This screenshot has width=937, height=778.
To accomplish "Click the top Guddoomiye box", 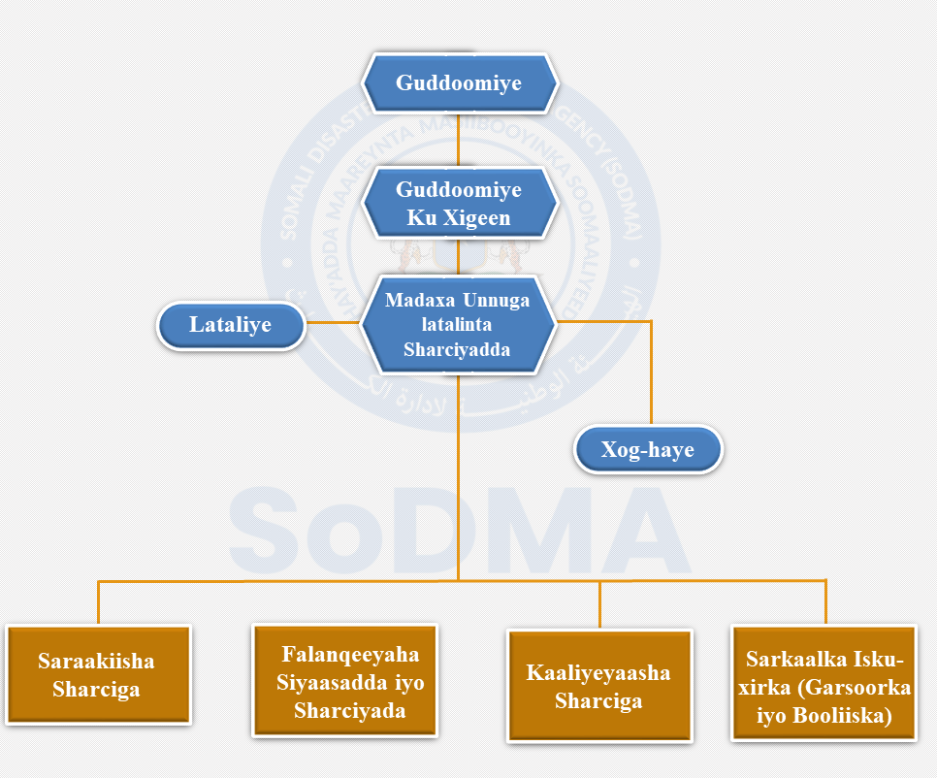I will [459, 83].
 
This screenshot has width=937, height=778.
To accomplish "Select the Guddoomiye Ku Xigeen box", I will [459, 204].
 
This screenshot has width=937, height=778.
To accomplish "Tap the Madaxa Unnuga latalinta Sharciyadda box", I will [458, 326].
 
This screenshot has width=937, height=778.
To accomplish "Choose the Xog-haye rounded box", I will [648, 451].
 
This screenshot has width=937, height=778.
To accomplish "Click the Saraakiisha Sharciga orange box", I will [97, 675].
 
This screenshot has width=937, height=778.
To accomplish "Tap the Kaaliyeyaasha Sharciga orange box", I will [598, 686].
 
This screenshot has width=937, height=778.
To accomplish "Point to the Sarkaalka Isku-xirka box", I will [824, 688].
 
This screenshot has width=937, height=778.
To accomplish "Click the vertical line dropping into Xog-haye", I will [650, 373].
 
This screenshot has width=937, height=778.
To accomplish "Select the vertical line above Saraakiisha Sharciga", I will [98, 602].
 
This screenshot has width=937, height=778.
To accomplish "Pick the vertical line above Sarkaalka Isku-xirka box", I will [825, 601].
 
